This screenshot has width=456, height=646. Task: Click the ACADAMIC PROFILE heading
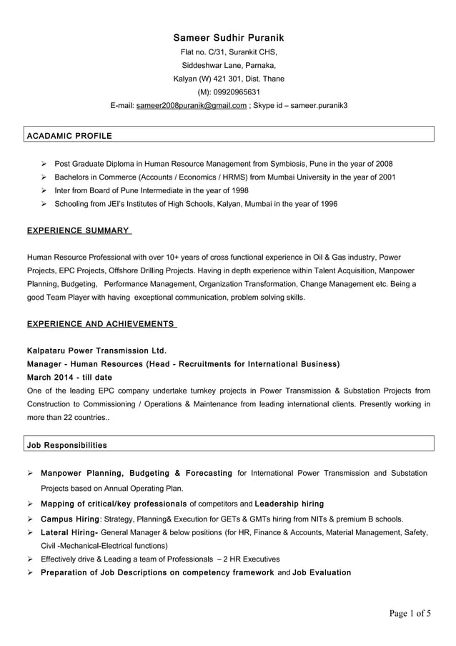pos(69,134)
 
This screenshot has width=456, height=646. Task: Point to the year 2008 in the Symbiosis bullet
pos(383,164)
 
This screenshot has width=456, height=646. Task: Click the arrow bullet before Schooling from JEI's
pos(44,205)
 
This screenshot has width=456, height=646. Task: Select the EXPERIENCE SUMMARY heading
pos(78,231)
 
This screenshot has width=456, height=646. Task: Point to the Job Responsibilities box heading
pos(66,445)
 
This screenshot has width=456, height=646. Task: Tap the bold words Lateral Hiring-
pos(70,532)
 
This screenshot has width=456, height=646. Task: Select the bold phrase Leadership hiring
pos(289,504)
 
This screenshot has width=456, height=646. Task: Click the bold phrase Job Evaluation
pos(322,572)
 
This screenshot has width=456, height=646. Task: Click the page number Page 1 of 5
pos(410,612)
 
